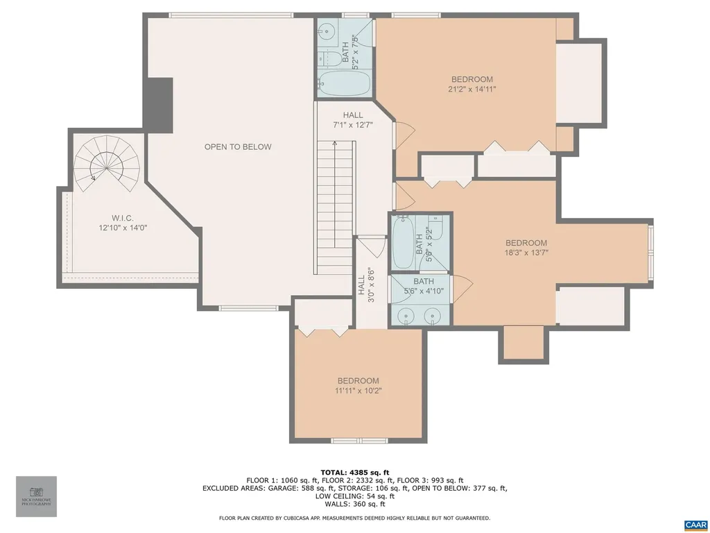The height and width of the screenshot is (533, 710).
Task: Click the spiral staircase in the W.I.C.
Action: coord(107,167)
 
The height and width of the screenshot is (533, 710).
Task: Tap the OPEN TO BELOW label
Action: coord(238,147)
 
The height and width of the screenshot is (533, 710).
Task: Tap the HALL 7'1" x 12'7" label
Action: coord(353,120)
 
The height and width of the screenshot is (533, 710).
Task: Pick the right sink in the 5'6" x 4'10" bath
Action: coord(433,316)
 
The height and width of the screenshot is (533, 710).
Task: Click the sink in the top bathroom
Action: coord(327,33)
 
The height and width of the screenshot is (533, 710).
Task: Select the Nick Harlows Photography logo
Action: coord(36,496)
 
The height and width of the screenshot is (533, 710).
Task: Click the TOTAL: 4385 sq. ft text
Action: coord(354,471)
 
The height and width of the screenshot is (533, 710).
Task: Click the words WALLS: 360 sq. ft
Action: coord(354,505)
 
